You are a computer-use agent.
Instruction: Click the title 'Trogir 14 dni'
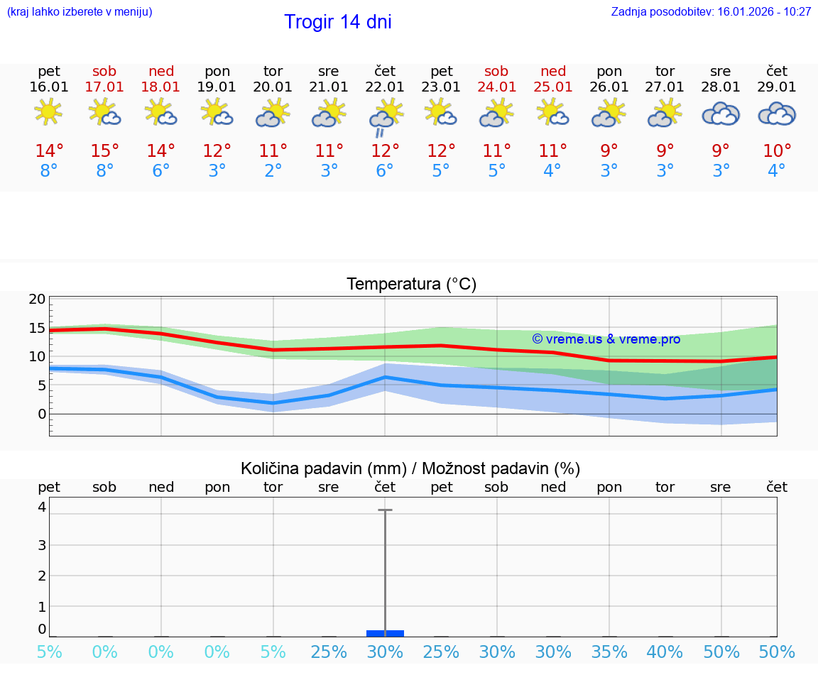point(337,22)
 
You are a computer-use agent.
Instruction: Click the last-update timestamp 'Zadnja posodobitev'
point(711,12)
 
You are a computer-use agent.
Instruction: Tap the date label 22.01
point(384,87)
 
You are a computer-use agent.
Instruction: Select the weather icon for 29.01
point(777,114)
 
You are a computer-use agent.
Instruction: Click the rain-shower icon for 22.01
point(385,116)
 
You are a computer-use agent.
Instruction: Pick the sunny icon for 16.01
point(48,112)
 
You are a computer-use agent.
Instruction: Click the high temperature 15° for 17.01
point(104,151)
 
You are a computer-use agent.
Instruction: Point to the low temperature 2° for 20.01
point(273,171)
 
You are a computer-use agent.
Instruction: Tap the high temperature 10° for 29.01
point(777,151)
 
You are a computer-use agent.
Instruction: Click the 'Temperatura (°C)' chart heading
point(411,285)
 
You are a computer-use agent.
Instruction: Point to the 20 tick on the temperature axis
point(37,299)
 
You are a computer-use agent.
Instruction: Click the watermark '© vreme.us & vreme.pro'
point(606,339)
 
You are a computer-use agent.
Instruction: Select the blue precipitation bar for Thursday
point(385,633)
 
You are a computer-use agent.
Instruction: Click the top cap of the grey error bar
point(385,510)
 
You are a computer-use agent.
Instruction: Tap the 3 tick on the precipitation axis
point(42,545)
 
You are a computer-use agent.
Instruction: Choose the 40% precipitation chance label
point(665,652)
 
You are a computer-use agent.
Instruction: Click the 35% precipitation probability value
point(609,652)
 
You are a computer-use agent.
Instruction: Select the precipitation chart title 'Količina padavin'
point(410,468)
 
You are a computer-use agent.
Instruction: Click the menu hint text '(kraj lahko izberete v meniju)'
point(80,12)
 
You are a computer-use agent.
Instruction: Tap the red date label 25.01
point(553,87)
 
